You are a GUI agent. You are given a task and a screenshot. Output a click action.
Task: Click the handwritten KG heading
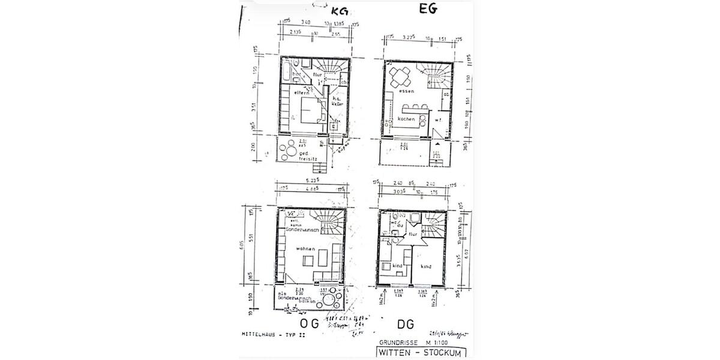(340, 10)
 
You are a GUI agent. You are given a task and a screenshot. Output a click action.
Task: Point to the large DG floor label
(405, 325)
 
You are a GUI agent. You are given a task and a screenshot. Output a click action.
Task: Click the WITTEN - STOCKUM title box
(421, 352)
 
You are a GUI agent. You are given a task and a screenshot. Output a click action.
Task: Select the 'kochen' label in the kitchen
(407, 119)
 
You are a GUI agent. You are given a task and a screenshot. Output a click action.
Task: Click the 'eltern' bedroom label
(301, 94)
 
